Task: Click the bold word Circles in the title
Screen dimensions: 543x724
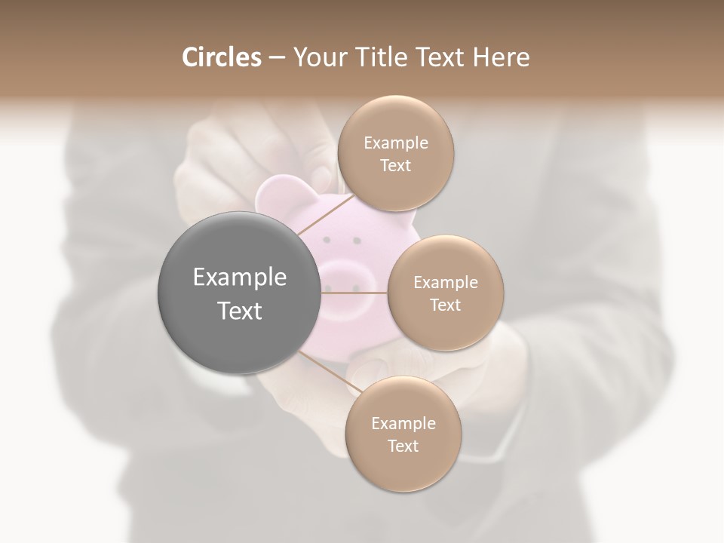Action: pyautogui.click(x=222, y=57)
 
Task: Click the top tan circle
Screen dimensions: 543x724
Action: pyautogui.click(x=394, y=154)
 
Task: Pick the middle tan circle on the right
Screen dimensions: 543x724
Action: pyautogui.click(x=445, y=293)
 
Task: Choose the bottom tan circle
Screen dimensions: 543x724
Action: pyautogui.click(x=403, y=434)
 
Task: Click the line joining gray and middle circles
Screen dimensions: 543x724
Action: pyautogui.click(x=354, y=293)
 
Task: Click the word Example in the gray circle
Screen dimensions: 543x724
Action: pyautogui.click(x=240, y=278)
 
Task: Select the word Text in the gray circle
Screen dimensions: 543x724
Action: pyautogui.click(x=240, y=311)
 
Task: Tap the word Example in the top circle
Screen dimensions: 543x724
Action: pyautogui.click(x=395, y=143)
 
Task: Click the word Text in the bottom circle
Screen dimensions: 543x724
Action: pyautogui.click(x=403, y=446)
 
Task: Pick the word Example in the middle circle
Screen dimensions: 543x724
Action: pyautogui.click(x=445, y=283)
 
